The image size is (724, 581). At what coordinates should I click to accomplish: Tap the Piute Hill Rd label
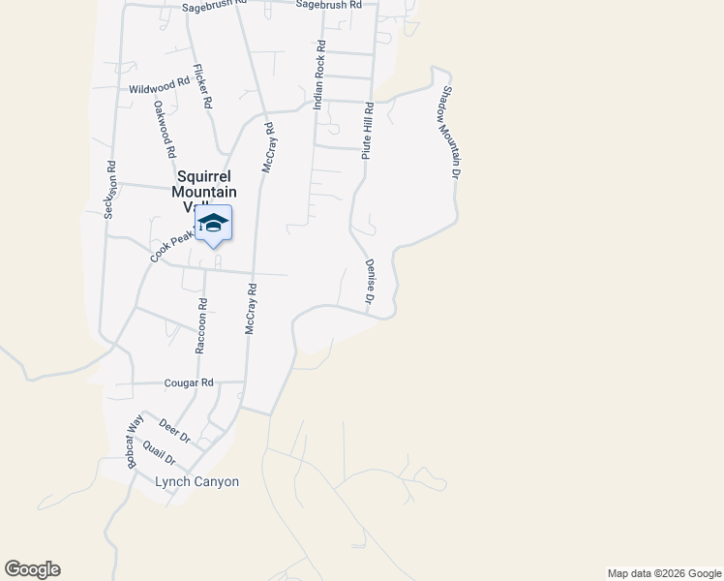[x=367, y=132]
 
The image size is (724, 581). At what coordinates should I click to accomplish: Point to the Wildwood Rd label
[x=159, y=87]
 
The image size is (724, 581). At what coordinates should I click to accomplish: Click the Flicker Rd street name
[x=202, y=85]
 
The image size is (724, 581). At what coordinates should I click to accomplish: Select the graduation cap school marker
[x=213, y=224]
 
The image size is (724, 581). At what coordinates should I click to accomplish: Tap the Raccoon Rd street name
[x=202, y=324]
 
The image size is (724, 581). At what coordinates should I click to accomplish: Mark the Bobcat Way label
[x=135, y=442]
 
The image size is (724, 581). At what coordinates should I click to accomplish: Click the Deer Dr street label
[x=175, y=431]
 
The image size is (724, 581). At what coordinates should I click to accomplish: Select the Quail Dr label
[x=158, y=451]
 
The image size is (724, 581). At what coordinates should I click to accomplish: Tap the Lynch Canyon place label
[x=196, y=481]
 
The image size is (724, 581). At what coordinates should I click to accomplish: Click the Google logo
[x=32, y=569]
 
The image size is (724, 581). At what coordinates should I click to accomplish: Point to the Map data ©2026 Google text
[x=663, y=573]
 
